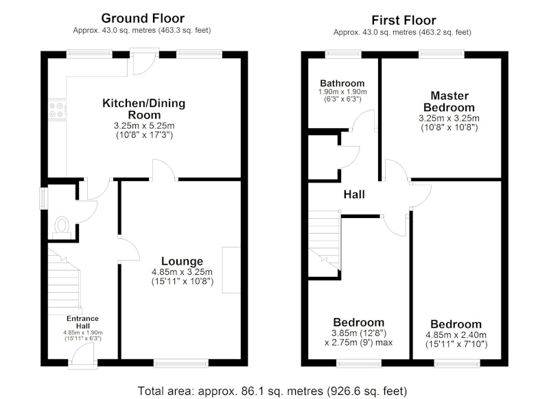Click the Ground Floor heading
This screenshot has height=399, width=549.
(x=143, y=19)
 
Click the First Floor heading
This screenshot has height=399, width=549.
(x=404, y=21)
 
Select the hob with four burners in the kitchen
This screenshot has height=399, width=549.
(x=57, y=110)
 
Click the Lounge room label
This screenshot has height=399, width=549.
(x=182, y=261)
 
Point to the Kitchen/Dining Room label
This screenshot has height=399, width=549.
(x=144, y=109)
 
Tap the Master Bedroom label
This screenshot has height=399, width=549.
(x=449, y=101)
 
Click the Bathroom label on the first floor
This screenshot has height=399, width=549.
(x=342, y=83)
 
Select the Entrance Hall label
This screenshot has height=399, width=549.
(x=82, y=322)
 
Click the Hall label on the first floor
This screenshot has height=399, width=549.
(x=354, y=195)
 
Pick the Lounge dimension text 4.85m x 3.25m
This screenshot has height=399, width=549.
(x=182, y=272)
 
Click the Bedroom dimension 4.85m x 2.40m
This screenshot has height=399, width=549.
(x=456, y=335)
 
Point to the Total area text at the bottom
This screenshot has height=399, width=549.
(x=272, y=391)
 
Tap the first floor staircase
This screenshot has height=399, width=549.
(x=324, y=240)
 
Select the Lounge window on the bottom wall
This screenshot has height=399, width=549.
(x=181, y=364)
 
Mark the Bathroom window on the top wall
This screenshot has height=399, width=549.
(x=343, y=54)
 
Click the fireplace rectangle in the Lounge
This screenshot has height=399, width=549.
(x=231, y=270)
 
